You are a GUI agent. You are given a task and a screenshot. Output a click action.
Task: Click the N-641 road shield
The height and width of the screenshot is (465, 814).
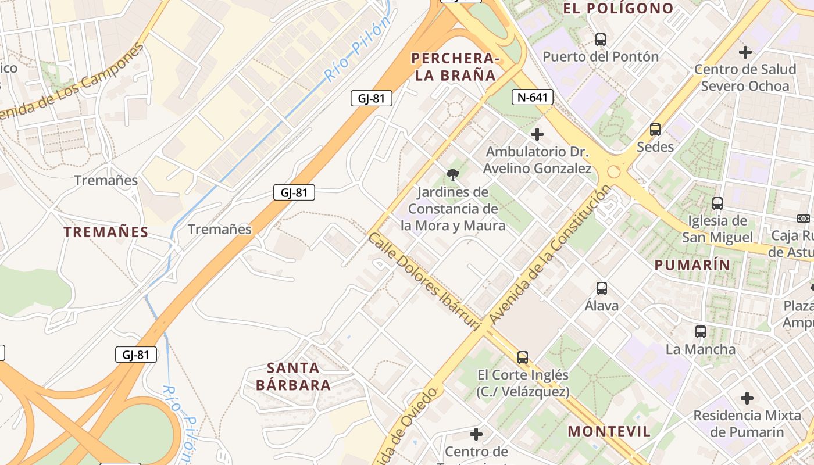coord(532,97)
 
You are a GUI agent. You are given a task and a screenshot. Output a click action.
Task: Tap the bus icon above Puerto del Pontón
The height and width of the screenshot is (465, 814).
coord(601,40)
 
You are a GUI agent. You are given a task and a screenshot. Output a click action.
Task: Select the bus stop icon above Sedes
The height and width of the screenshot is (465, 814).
coord(655,130)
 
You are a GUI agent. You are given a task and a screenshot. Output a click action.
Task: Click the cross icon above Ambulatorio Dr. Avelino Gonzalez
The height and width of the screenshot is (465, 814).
coord(537,134)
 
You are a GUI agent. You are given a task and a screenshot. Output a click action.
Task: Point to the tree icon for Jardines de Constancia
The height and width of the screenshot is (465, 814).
coord(452,174)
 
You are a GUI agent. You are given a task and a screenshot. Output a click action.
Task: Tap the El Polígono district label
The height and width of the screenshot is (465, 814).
coord(618,9)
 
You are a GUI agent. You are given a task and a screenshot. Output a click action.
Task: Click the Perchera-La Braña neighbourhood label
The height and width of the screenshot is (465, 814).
coord(455,67)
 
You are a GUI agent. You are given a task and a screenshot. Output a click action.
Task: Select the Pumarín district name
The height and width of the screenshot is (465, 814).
coord(692,265)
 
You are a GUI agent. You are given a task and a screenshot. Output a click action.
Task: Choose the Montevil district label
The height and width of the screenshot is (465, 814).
coord(609,431)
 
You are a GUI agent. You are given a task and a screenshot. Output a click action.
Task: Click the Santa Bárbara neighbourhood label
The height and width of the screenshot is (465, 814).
coord(293,376)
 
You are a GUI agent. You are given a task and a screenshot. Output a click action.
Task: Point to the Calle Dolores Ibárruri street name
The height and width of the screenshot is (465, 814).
coord(424,281)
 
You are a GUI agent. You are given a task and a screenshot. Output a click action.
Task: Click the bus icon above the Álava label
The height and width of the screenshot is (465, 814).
coord(602,288)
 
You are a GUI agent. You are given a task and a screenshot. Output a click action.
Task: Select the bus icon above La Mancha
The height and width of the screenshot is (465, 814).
coord(701,332)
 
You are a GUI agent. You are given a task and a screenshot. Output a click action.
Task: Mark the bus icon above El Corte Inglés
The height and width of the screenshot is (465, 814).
coord(523,357)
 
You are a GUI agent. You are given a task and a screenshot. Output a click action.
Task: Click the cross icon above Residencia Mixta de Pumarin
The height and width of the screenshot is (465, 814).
coord(747,398)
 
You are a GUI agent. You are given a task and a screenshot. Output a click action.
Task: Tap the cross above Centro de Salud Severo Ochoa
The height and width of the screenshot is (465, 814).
coord(745,52)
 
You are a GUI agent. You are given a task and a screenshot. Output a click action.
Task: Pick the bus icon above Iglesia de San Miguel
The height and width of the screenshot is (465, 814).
coord(717,203)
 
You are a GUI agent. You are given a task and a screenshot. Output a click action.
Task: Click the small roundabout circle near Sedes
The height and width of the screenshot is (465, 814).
coord(613,172)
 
